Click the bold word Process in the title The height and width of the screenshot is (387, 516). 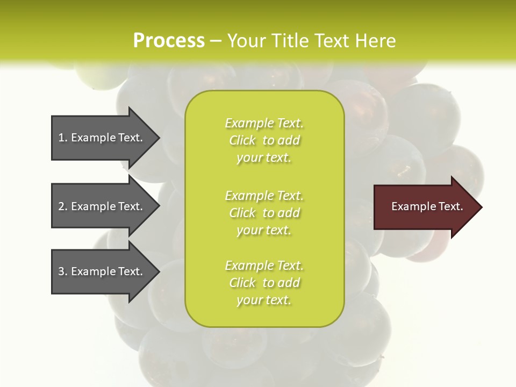click(169, 41)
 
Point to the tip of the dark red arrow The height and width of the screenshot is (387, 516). click(480, 207)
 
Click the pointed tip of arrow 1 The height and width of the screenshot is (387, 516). click(157, 138)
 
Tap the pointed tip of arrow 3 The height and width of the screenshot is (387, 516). click(157, 271)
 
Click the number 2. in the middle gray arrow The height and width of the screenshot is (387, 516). click(62, 206)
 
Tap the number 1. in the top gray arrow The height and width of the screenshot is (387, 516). click(62, 138)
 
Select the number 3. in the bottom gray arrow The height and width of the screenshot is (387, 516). click(62, 271)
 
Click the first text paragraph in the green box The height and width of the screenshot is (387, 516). click(264, 140)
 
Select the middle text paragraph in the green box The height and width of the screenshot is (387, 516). click(264, 213)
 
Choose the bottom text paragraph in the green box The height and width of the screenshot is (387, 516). click(264, 283)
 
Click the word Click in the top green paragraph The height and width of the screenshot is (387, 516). click(242, 140)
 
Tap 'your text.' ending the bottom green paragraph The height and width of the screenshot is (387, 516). click(264, 300)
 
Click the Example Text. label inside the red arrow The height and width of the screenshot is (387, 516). click(427, 206)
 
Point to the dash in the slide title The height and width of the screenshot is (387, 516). click(216, 41)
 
